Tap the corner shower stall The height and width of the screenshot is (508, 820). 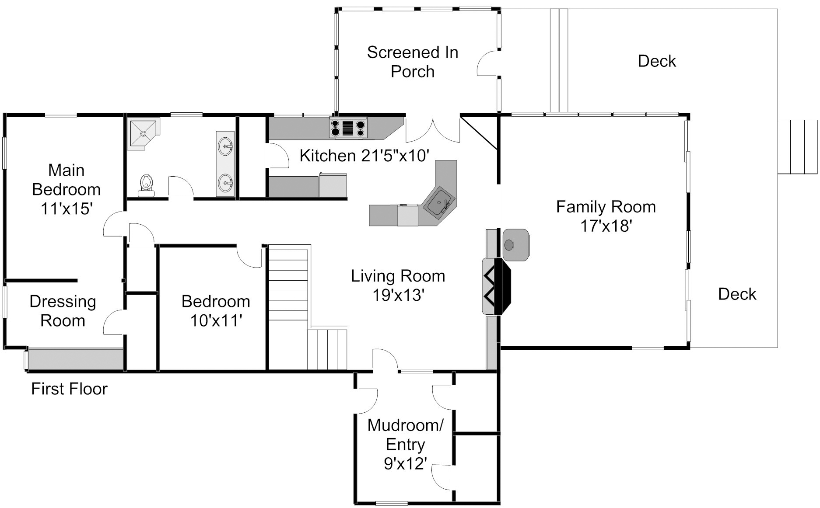coord(143,133)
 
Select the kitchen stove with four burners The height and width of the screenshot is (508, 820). coord(348,128)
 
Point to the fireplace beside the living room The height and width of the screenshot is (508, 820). coord(497,286)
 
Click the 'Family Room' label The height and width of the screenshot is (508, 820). coord(606,207)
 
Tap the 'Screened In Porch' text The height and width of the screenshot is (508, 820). coord(412,62)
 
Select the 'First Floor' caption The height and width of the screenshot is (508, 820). coord(69,389)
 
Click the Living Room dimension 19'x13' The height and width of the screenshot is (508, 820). coord(398,295)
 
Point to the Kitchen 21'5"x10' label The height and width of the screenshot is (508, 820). coord(364,155)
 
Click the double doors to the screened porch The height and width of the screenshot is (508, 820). coord(433,129)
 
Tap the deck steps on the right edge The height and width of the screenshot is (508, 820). coord(797,146)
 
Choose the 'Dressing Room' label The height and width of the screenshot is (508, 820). coord(63,311)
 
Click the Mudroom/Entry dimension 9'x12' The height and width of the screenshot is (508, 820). coord(405,463)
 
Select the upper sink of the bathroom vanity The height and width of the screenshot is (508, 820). coord(226,145)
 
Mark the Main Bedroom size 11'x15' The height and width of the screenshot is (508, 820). coord(66,209)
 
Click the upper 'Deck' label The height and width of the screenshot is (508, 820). coord(656,61)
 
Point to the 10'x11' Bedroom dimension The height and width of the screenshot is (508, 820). coord(216,320)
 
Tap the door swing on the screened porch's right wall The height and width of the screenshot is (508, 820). coord(487,64)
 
